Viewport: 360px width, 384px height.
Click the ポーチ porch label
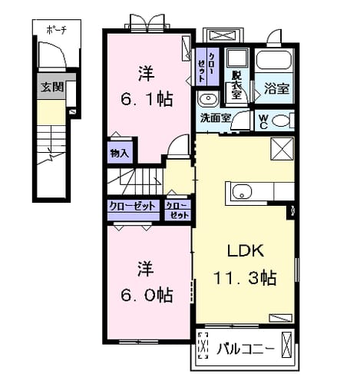(56, 30)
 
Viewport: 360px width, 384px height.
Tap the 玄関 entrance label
(52, 87)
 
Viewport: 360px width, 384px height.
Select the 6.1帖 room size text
(147, 99)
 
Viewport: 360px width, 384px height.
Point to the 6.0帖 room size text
(147, 295)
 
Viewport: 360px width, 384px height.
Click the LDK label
(246, 251)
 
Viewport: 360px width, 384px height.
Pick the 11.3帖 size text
(245, 278)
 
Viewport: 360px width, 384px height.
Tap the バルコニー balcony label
(246, 349)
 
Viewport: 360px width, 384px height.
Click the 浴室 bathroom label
(276, 88)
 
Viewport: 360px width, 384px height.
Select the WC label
(263, 122)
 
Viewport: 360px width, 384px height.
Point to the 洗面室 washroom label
(216, 118)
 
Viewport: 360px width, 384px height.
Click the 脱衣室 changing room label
(236, 84)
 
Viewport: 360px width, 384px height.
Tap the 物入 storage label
(119, 154)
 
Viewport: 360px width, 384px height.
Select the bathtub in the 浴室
(274, 60)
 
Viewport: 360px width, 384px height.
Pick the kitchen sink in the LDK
(242, 192)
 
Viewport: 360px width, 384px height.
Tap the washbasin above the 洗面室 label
(208, 98)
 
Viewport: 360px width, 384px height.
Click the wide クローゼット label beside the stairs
(132, 206)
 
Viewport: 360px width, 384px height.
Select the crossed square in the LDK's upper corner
(282, 149)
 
